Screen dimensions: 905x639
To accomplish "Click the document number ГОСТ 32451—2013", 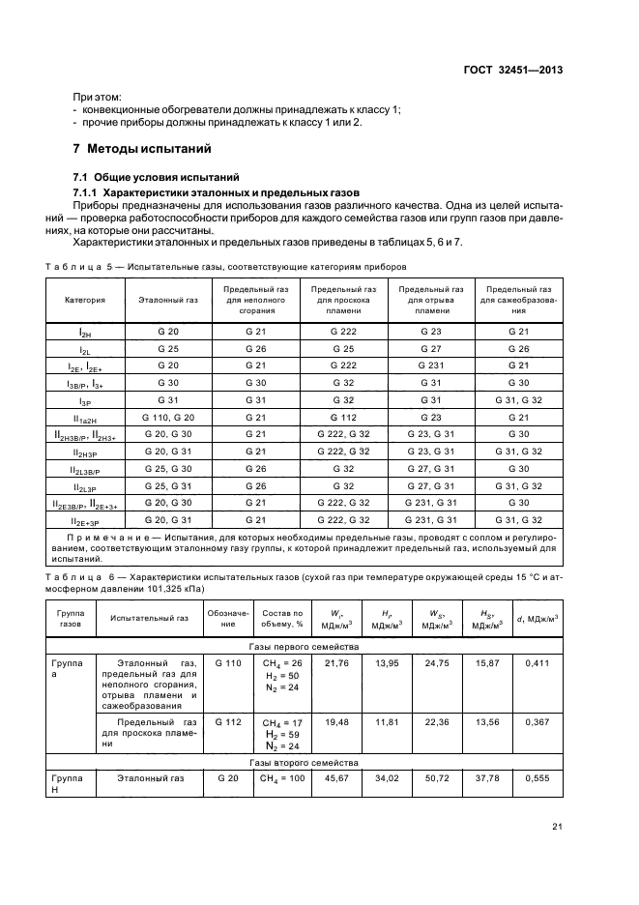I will pos(514,71).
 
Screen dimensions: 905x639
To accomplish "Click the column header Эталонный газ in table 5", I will pos(168,301).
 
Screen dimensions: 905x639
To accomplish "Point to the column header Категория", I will pos(85,301).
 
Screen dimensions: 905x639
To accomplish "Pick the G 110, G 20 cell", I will pos(168,417).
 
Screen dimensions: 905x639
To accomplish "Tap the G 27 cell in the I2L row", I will pos(430,348).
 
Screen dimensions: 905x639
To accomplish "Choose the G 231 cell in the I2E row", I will pos(430,365).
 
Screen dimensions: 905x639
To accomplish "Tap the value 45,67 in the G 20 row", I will pos(337,778).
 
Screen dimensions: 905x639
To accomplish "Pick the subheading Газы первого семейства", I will pos(304,646).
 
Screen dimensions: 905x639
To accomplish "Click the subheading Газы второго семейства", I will pos(304,763).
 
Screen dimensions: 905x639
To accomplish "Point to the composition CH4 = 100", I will pos(282,779).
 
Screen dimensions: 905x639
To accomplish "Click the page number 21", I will pos(557,826).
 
